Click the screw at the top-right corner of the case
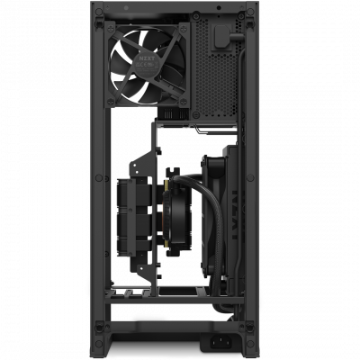258,11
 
